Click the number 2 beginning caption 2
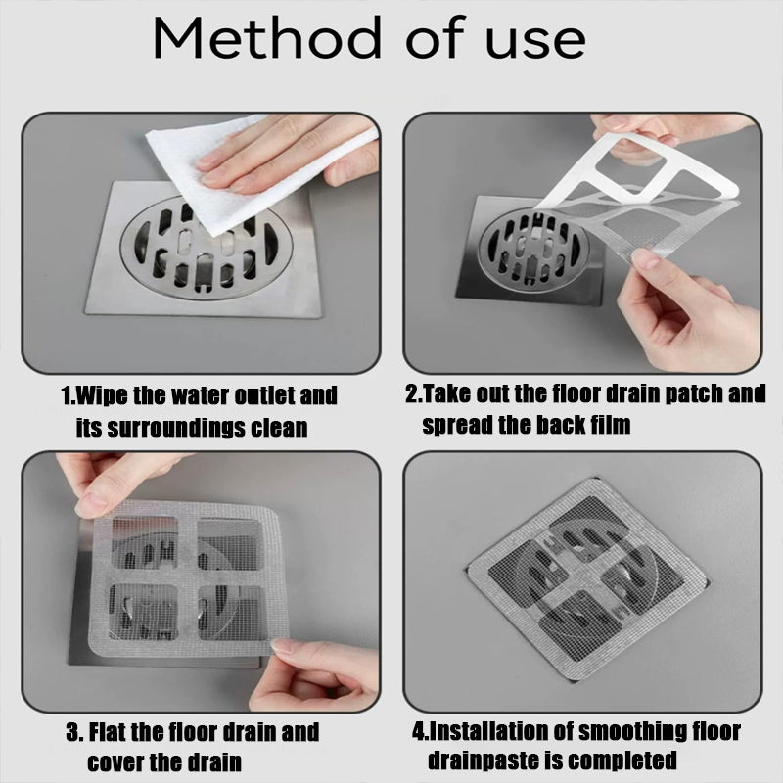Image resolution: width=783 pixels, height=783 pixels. (412, 395)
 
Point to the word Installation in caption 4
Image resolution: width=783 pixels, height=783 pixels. (489, 731)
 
